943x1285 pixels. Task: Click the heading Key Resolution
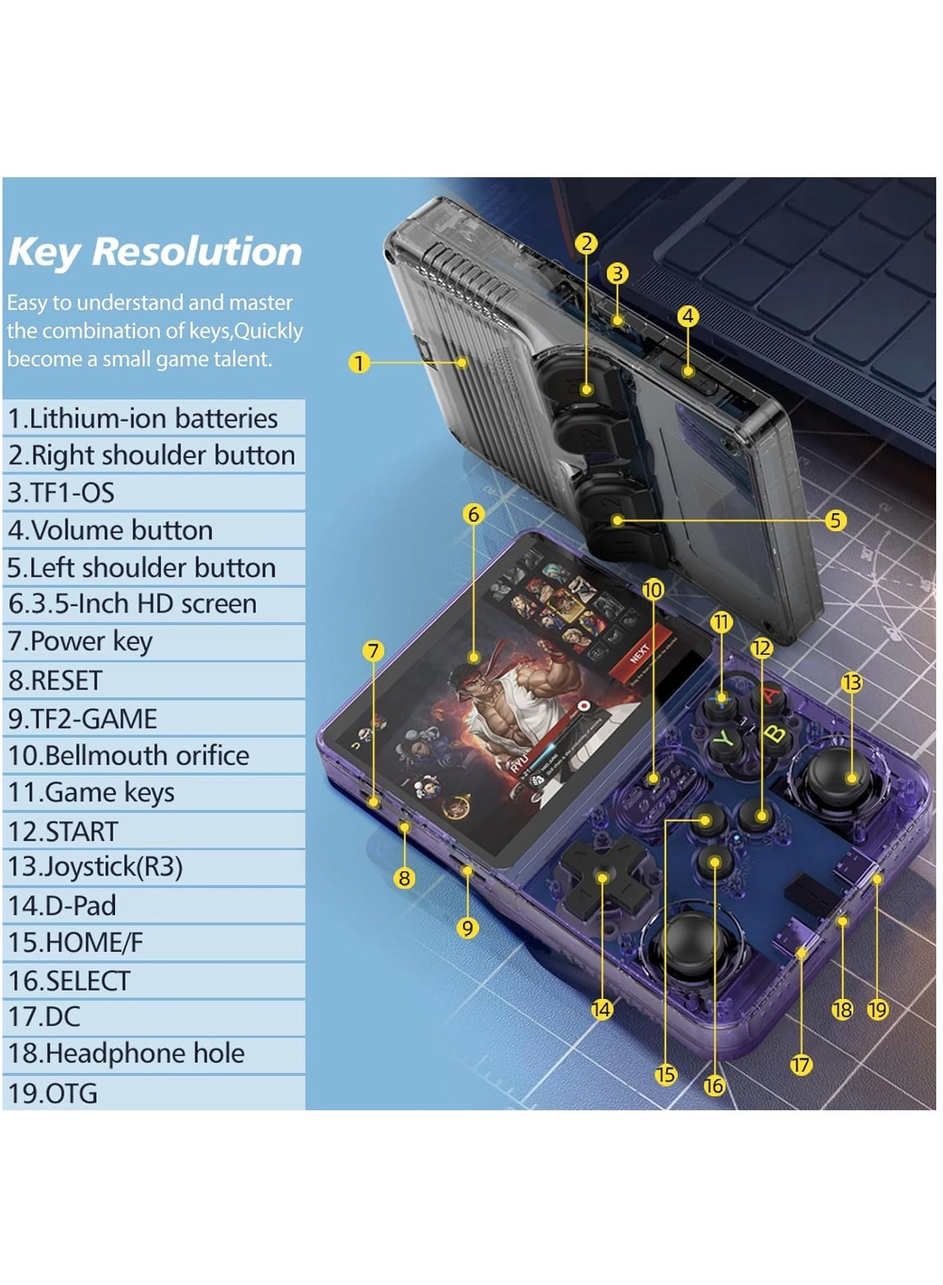pos(155,252)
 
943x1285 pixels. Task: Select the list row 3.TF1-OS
pos(154,493)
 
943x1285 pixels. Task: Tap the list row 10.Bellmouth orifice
pos(154,755)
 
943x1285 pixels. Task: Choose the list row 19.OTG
pos(154,1093)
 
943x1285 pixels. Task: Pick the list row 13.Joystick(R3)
pos(154,867)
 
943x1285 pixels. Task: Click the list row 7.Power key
pos(154,642)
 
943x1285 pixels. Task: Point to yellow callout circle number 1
pos(359,363)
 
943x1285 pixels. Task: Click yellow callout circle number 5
pos(835,520)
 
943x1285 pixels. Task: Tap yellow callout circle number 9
pos(467,928)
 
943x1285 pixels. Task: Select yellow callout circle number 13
pos(851,683)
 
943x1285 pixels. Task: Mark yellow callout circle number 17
pos(800,1065)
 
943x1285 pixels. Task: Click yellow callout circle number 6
pos(474,514)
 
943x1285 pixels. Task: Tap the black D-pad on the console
pos(601,878)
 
